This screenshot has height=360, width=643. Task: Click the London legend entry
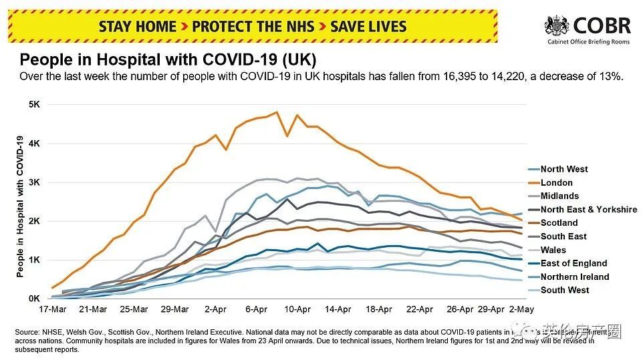(x=556, y=182)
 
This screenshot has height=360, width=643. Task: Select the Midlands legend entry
(x=559, y=196)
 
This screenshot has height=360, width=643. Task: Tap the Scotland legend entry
(x=559, y=222)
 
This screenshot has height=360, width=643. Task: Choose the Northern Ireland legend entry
(x=574, y=277)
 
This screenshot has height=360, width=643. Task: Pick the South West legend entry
(x=565, y=290)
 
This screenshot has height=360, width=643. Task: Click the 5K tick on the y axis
(x=33, y=105)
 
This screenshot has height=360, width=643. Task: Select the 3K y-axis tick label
(x=33, y=182)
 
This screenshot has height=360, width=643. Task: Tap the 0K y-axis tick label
(x=33, y=299)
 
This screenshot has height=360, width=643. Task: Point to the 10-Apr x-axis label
(x=297, y=309)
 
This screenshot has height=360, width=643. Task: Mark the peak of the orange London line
(x=277, y=112)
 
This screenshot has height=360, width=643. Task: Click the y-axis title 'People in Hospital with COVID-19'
(x=19, y=206)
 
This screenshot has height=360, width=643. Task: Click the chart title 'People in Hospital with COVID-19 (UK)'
(x=168, y=59)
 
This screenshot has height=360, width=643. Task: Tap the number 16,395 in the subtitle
(x=459, y=77)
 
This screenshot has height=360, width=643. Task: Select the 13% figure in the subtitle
(x=611, y=77)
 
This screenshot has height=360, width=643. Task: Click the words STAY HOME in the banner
(x=138, y=27)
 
